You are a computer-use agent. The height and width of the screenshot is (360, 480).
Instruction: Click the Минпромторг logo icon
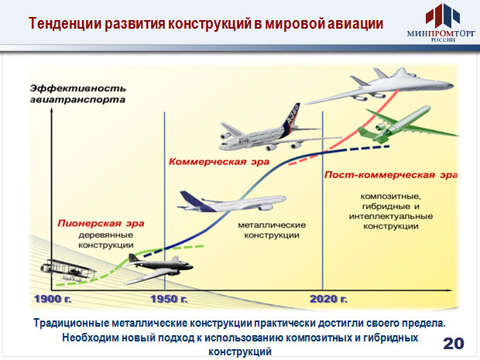442,15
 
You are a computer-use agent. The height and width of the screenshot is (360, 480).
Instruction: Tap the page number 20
454,344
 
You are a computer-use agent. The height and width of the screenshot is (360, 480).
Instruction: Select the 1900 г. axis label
53,299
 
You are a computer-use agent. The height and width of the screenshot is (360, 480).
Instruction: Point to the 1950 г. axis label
169,299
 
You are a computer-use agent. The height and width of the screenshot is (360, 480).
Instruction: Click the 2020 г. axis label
329,299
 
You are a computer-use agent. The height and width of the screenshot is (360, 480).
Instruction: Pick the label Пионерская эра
101,223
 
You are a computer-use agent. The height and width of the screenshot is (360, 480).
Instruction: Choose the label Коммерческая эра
219,162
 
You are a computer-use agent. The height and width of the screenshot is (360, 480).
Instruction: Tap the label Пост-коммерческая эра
391,175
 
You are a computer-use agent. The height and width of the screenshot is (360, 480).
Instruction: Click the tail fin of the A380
292,118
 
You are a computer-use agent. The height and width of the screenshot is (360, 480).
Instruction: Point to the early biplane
68,270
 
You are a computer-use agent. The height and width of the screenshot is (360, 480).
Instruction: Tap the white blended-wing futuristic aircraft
379,87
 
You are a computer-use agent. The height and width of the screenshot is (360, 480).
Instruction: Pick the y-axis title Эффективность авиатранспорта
77,94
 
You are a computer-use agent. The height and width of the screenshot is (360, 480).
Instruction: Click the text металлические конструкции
272,230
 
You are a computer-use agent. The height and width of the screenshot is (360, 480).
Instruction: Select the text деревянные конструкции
105,240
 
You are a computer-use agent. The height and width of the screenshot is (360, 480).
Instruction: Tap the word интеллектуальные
391,216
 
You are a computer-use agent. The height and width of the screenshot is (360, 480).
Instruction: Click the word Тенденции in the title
65,23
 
